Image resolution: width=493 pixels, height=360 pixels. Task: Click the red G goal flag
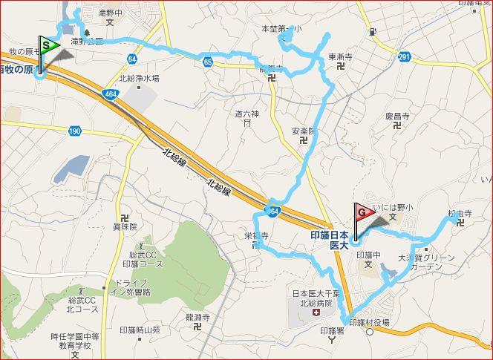[x=363, y=212]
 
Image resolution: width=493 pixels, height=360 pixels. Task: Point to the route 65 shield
[x=207, y=61]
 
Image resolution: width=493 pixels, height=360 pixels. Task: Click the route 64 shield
[x=131, y=58]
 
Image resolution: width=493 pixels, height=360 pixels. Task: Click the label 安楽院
[x=304, y=131]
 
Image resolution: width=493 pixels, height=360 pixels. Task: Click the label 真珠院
[x=125, y=226]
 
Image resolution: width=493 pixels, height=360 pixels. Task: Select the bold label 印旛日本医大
[x=328, y=239]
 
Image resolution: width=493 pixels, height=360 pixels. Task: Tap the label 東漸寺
[x=340, y=56]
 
